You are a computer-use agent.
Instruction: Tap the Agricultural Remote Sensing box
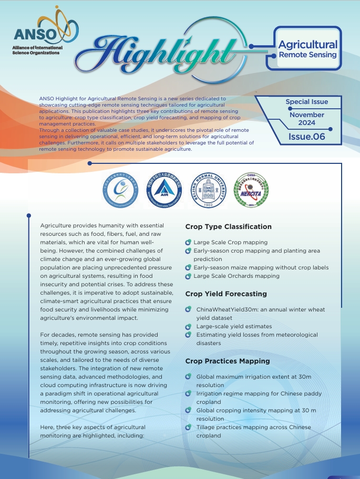coord(307,49)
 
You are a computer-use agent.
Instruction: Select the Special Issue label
coord(306,102)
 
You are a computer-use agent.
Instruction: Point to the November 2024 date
coord(306,119)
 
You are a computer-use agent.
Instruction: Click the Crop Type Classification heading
coord(228,227)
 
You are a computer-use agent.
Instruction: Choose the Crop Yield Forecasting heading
coord(226,294)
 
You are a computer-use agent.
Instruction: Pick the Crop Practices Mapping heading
coord(228,361)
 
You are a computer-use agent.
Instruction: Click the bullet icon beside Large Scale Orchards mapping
coord(188,276)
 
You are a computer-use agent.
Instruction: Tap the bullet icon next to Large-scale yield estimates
coord(188,326)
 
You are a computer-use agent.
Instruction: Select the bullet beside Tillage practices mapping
coord(188,427)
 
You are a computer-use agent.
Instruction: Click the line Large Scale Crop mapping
coord(230,242)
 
